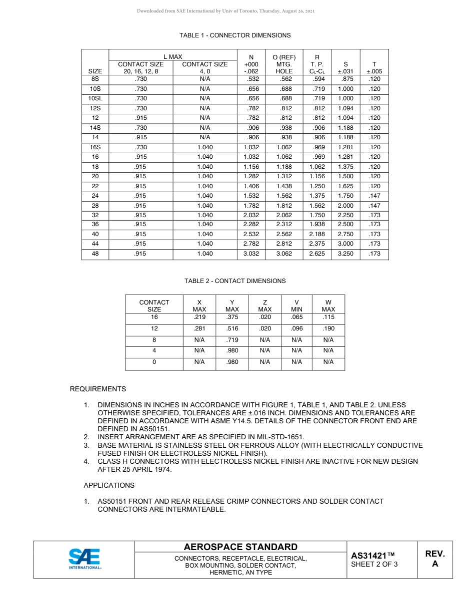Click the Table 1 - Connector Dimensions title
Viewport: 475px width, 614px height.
pos(235,35)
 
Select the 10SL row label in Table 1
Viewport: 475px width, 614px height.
pos(95,98)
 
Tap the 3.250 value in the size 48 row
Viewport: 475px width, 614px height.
pos(345,254)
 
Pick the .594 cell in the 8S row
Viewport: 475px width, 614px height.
pos(317,79)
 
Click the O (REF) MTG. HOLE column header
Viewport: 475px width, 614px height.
pos(284,64)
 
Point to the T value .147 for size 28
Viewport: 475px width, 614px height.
pos(374,205)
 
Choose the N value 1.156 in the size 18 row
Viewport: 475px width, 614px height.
pos(251,167)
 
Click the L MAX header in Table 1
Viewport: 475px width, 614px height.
pos(172,57)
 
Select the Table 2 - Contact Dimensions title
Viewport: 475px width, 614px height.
pos(235,281)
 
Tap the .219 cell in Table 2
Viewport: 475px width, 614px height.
pos(199,317)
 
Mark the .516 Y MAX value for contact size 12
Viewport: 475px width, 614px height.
pos(232,328)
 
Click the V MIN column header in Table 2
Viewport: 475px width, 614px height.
pos(296,306)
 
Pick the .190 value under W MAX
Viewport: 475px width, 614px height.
pos(328,328)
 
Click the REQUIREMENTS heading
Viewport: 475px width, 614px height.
pos(98,389)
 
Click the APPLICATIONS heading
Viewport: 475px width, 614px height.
pos(109,485)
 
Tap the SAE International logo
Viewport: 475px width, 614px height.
pos(84,559)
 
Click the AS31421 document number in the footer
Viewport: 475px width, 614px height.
pos(373,556)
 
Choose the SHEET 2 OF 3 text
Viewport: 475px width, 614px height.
pos(374,565)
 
